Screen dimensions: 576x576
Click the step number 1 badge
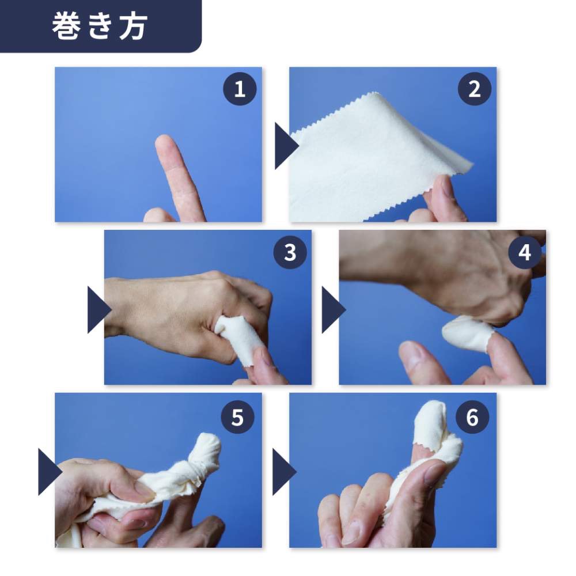click(x=240, y=89)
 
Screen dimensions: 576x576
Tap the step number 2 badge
click(x=474, y=89)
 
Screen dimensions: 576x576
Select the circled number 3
click(x=290, y=252)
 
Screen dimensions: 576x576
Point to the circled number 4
click(x=525, y=252)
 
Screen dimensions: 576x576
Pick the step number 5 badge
click(x=237, y=417)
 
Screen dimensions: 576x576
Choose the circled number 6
click(x=472, y=417)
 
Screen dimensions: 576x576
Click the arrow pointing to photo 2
click(x=286, y=146)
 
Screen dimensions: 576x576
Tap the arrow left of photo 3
click(x=99, y=310)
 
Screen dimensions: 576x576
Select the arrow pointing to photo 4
click(x=334, y=310)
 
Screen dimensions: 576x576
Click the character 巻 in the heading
click(x=66, y=26)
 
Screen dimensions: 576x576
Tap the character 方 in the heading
click(x=134, y=26)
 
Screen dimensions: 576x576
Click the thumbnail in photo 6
click(x=434, y=474)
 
